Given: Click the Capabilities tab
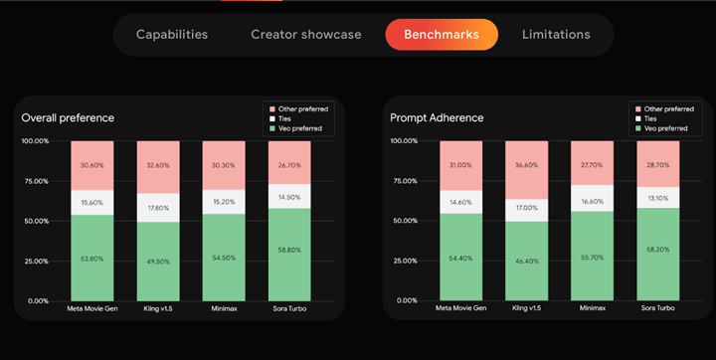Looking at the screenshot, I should pos(172,35).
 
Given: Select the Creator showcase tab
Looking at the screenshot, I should pos(305,35).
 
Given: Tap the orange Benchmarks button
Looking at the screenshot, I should pos(441,35).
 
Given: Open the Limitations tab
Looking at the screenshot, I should pos(556,35).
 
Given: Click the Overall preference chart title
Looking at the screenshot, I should pos(68,118).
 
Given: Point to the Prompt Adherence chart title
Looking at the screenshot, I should pos(438,118).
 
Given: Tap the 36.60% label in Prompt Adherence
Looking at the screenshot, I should pos(526,166).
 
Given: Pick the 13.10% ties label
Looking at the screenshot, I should pos(658,197).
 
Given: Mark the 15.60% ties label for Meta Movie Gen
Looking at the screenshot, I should pos(91,202).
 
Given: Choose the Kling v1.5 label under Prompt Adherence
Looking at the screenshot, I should pos(526,308).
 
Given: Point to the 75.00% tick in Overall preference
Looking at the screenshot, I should pos(35,181).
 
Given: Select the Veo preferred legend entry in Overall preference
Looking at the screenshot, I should pos(300,128).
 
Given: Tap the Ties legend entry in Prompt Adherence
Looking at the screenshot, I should pos(652,118).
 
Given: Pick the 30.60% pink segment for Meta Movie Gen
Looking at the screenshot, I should pos(91,165).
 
